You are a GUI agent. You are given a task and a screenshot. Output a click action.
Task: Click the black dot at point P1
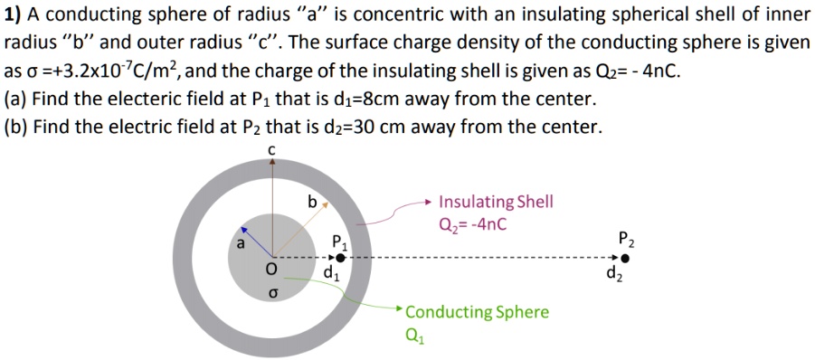point(340,259)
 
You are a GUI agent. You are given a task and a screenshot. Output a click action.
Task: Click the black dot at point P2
point(625,259)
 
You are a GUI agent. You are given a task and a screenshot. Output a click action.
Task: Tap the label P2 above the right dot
point(626,240)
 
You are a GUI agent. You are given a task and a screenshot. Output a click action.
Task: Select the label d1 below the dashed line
point(331,274)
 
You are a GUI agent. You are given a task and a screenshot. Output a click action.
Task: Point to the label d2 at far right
point(614,274)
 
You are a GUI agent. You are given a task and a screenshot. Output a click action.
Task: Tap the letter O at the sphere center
point(270,269)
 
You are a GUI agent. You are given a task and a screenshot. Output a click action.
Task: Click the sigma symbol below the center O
point(270,293)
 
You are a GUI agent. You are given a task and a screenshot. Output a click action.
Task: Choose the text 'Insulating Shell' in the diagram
point(496,202)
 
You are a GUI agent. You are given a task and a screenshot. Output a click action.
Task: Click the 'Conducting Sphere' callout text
point(477,312)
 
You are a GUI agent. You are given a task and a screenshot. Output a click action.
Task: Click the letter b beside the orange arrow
point(312,203)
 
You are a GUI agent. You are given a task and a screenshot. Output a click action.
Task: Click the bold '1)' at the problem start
point(14,15)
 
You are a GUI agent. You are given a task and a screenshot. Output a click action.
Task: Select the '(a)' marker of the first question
point(16,99)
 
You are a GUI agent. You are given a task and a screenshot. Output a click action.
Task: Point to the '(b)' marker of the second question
point(16,127)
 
